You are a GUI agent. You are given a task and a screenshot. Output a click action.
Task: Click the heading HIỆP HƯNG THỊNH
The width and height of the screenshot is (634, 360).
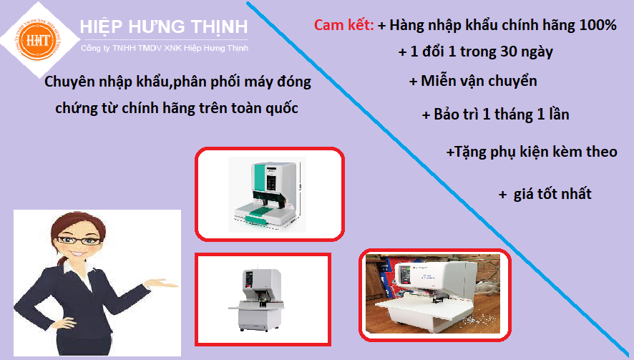pos(164,27)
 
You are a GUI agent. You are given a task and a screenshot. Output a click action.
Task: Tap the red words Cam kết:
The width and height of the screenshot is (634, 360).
pos(343,26)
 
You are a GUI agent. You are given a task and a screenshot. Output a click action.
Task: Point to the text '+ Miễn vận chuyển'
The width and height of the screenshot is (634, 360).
pos(472,81)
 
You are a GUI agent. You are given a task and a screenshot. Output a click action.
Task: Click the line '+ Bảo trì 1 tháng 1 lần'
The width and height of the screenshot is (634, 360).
pos(496,115)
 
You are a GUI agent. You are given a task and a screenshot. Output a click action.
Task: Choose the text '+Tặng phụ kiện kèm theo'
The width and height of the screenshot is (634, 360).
pos(531,152)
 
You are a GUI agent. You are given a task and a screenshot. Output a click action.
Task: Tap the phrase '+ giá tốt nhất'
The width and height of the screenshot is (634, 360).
pos(545,194)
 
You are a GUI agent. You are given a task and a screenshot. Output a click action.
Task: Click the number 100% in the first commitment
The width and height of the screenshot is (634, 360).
pos(599,26)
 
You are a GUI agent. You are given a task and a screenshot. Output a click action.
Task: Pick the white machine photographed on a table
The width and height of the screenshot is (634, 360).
pos(434,293)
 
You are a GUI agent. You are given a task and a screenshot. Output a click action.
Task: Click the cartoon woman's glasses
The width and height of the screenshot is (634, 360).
pos(80,243)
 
